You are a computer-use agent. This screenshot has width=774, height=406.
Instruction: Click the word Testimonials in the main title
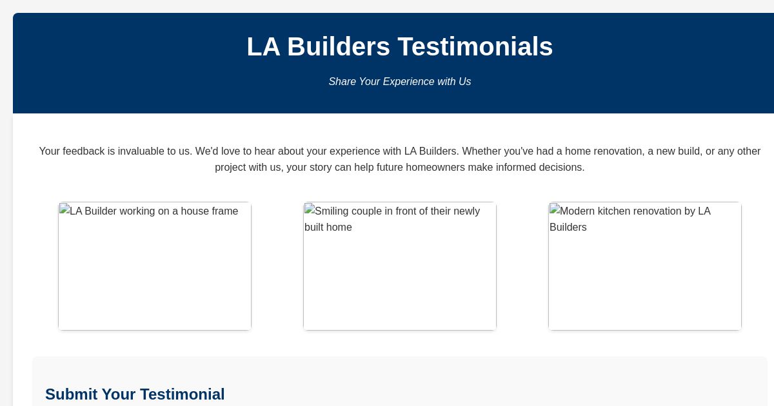pos(475,46)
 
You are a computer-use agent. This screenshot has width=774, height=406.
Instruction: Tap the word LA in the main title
pos(263,46)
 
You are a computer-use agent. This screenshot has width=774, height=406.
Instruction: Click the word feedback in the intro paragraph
pos(83,151)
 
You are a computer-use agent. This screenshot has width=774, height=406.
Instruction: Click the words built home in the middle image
pos(328,227)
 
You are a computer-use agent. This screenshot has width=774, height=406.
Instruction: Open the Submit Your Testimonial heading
pos(135,394)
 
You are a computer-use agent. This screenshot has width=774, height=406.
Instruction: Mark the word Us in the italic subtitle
pos(464,82)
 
